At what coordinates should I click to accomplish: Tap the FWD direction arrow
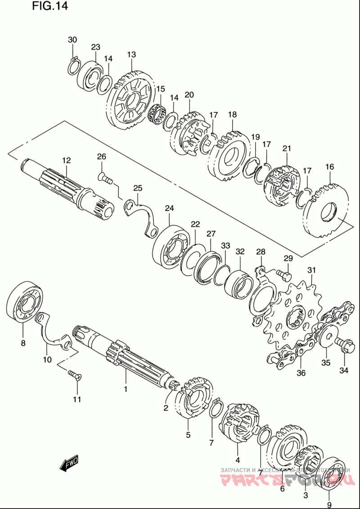pos(70,463)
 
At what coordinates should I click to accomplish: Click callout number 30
pos(72,40)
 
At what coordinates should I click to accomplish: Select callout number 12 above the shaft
pos(67,160)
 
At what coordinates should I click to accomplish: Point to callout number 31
pos(312,270)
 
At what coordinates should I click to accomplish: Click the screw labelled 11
pos(73,374)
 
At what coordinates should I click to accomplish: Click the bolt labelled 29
pos(283,273)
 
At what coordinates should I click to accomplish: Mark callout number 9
pos(328,504)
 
